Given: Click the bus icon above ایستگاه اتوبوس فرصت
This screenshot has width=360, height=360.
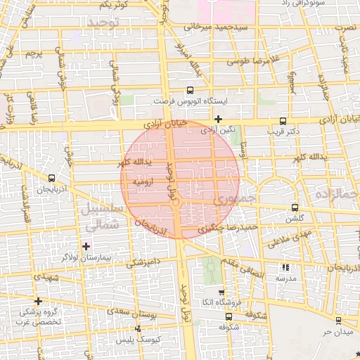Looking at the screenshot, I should (191, 91).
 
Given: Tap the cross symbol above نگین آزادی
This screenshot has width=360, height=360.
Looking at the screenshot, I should (218, 119).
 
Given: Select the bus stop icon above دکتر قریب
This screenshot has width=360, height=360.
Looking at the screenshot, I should (283, 120).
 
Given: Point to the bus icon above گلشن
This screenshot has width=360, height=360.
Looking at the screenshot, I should (294, 207).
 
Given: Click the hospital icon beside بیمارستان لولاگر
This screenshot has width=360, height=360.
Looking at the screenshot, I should (86, 245).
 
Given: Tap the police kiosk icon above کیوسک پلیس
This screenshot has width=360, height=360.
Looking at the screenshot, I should (138, 329).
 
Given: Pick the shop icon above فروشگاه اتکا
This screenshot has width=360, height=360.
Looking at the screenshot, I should (222, 292).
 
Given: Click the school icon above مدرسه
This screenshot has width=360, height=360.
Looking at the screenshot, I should (285, 267).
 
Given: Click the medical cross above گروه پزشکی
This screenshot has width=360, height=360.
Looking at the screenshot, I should (38, 300).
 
